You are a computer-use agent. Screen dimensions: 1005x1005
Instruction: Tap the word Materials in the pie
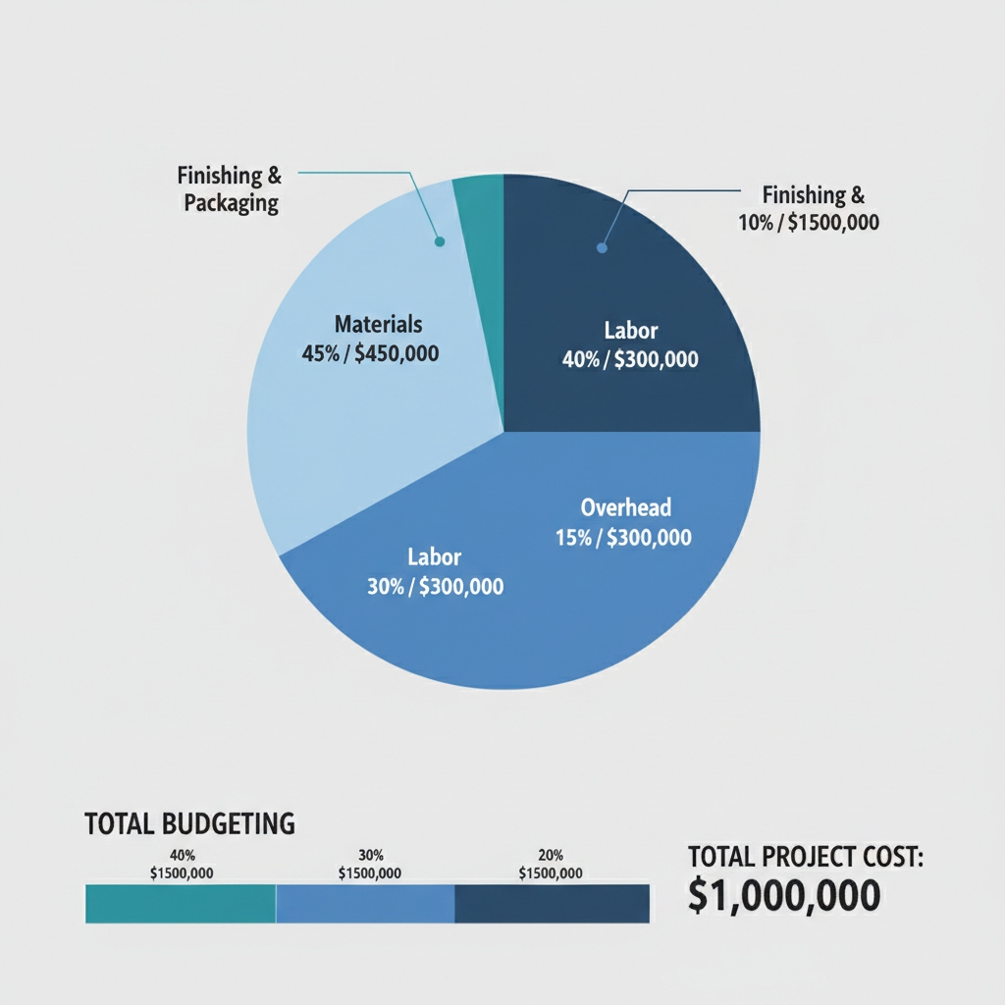tap(378, 324)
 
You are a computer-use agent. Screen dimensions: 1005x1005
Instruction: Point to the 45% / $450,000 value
tap(371, 352)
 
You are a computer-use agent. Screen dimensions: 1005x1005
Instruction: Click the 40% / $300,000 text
tap(630, 360)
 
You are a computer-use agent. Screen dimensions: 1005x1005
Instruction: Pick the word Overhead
tap(626, 507)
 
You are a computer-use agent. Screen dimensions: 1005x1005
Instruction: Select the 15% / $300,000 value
tap(623, 537)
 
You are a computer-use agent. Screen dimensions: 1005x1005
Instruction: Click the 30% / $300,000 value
tap(435, 587)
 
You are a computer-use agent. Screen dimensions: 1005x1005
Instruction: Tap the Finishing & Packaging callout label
tap(230, 189)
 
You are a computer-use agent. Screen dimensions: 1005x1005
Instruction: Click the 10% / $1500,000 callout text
tap(809, 223)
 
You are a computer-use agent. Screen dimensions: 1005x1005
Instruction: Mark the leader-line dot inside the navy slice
tap(602, 248)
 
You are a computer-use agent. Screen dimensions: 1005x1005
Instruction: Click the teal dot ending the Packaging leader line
tap(440, 241)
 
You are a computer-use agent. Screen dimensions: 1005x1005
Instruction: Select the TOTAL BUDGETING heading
tap(190, 823)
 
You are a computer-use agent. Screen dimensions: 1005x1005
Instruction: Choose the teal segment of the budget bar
tap(181, 904)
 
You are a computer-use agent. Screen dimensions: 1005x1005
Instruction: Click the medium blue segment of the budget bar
tap(365, 904)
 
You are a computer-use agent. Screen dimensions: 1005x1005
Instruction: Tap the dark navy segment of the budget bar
tap(552, 904)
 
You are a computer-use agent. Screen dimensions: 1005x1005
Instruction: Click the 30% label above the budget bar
tap(369, 855)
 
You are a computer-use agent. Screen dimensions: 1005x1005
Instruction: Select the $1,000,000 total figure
tap(783, 896)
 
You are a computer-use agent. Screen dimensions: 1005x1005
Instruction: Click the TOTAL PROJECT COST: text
tap(806, 858)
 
